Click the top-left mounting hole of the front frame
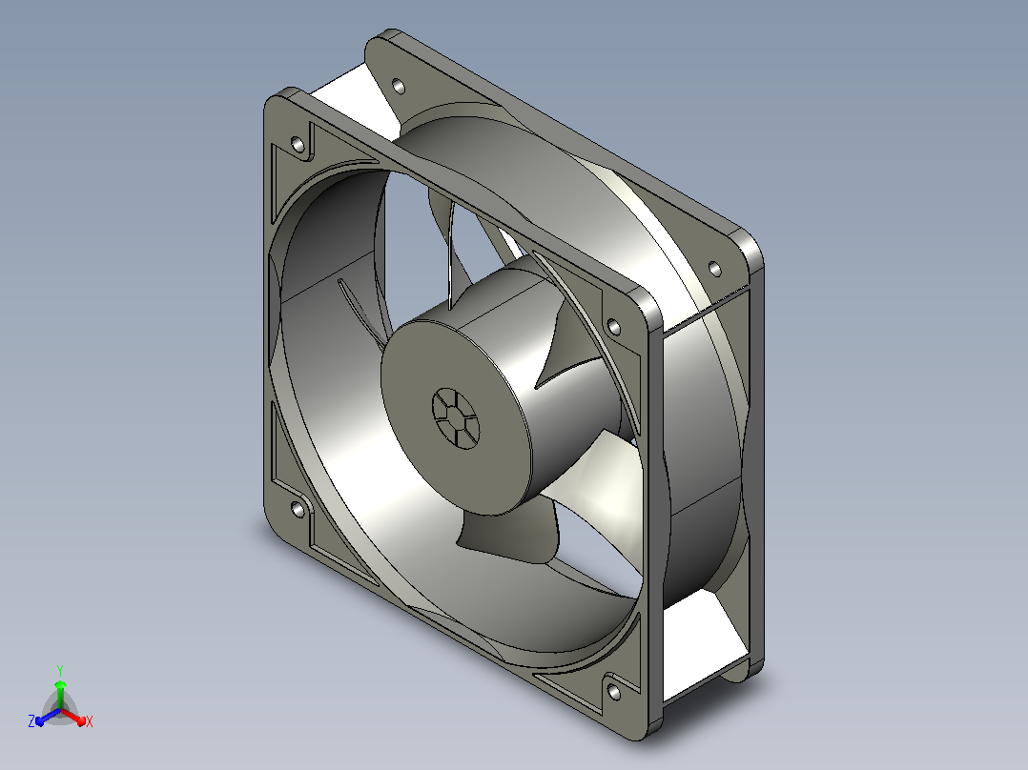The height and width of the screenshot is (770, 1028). click(298, 144)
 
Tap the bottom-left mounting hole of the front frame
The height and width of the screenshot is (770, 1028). click(298, 509)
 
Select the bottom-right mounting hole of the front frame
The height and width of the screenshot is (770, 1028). click(614, 691)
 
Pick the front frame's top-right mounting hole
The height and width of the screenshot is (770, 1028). click(614, 326)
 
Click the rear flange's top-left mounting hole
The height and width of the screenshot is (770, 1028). click(398, 86)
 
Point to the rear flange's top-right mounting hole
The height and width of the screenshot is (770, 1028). click(714, 269)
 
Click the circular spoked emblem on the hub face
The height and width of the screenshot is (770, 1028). click(456, 418)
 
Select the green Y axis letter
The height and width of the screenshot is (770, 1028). click(60, 670)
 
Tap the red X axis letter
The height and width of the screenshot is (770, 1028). click(90, 721)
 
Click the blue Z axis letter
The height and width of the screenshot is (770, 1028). click(31, 720)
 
